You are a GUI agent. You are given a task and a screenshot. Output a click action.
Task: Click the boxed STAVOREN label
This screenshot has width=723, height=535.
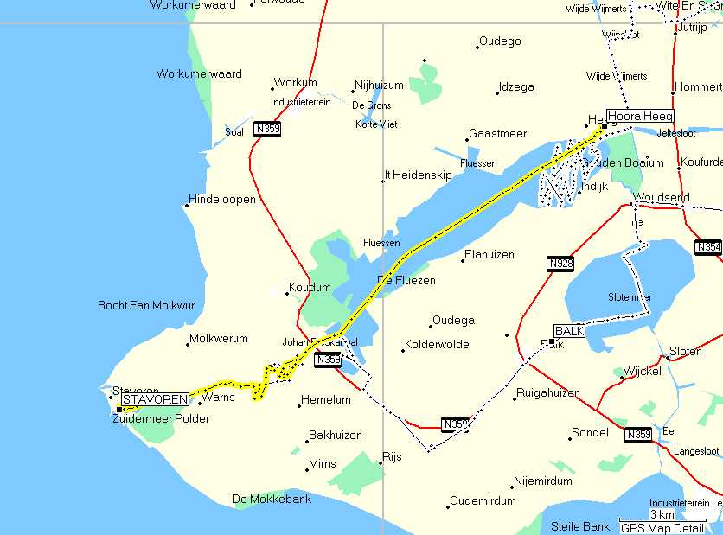coord(155,400)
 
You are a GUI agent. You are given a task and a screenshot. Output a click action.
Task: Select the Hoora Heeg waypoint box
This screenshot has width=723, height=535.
coord(639,116)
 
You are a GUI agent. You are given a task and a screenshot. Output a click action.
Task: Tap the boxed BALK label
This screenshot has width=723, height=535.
coord(570,331)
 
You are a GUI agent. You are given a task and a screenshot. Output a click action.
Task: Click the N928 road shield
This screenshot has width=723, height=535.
coord(560,264)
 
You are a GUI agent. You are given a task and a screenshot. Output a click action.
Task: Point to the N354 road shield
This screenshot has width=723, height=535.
coord(707,247)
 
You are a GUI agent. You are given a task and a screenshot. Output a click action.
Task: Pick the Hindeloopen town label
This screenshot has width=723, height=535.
coord(222,199)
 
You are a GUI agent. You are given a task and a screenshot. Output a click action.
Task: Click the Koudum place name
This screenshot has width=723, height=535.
coord(310,287)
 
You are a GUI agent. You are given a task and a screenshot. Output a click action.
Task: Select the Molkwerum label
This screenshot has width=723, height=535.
coord(219,339)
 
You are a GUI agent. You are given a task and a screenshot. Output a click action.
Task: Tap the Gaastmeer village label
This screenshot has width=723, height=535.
coord(497,134)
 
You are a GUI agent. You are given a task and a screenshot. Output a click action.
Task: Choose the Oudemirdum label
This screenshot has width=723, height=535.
coord(483,500)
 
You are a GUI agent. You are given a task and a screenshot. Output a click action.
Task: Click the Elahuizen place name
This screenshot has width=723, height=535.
coord(489,254)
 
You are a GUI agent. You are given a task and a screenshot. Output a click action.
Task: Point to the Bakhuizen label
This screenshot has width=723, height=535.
coord(336,435)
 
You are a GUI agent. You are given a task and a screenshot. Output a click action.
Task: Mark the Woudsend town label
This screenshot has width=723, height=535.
coord(662,197)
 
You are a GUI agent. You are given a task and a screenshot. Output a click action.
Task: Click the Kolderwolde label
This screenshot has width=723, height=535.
coord(436,344)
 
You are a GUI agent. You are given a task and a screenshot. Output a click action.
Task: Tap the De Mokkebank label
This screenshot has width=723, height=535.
coord(272,499)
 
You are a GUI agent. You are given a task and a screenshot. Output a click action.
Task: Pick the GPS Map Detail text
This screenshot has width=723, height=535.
coord(662,527)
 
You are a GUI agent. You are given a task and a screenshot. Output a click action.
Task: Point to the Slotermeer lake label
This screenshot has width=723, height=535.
coord(629,296)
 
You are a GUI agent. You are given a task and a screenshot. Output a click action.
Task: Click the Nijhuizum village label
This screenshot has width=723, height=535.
coord(379,86)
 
